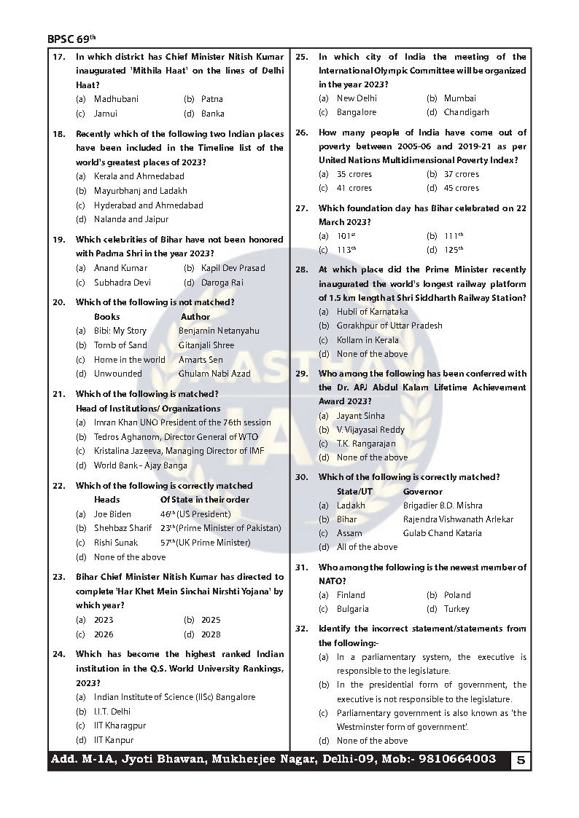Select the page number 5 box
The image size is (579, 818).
(520, 760)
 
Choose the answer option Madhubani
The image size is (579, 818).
(116, 99)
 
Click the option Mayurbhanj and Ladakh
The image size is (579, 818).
(140, 191)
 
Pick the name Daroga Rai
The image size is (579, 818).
(222, 283)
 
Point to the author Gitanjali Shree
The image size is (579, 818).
(206, 345)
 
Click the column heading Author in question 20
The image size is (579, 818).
(195, 317)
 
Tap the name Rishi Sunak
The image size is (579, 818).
(116, 543)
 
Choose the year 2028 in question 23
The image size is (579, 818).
(211, 634)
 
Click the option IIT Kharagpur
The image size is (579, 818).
(120, 725)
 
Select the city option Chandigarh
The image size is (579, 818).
(467, 113)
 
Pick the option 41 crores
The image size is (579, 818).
(354, 188)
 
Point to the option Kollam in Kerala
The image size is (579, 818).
(368, 340)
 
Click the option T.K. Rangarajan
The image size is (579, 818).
(366, 444)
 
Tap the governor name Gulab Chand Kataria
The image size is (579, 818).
(442, 533)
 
